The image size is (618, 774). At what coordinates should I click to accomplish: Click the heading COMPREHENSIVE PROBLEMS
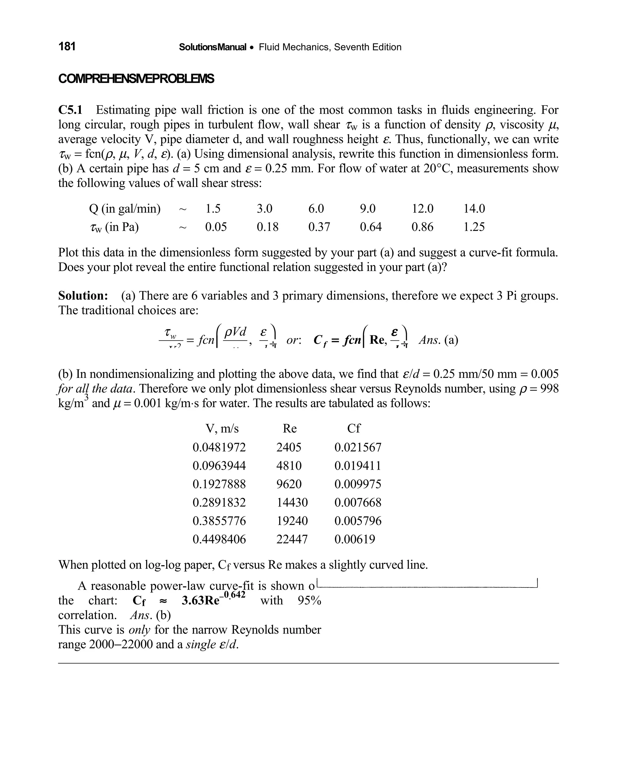(136, 78)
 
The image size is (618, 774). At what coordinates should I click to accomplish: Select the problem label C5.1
(70, 110)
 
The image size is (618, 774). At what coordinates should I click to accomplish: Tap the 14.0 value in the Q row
(474, 209)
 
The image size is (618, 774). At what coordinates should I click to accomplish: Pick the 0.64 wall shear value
(371, 227)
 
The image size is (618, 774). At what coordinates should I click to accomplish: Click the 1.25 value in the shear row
(474, 227)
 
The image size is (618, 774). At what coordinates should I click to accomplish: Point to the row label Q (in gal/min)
(125, 209)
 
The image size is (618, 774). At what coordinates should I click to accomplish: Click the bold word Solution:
(83, 296)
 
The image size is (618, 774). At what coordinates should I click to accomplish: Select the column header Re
(290, 428)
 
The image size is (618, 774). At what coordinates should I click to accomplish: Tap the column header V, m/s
(222, 428)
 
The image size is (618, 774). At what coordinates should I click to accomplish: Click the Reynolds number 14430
(292, 502)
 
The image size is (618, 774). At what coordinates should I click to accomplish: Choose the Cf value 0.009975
(358, 484)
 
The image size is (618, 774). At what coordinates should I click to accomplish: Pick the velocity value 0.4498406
(219, 539)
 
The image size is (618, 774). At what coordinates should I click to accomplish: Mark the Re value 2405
(289, 447)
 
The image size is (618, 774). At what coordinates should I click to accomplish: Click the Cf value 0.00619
(355, 539)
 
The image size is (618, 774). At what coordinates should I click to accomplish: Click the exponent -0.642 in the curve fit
(233, 595)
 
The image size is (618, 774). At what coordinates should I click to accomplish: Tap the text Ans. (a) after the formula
(438, 340)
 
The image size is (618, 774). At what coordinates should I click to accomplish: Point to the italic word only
(139, 630)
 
